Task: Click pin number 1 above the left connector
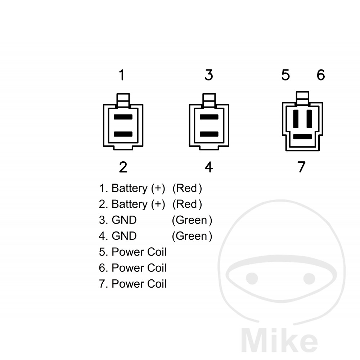tap(122, 75)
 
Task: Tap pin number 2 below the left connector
tap(123, 167)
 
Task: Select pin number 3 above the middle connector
tap(209, 75)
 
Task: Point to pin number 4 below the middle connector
tap(209, 167)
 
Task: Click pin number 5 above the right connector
tap(285, 75)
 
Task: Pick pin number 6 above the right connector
tap(321, 75)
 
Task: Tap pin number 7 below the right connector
tap(301, 167)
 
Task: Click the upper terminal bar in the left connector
tap(123, 117)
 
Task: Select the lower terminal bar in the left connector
tap(123, 134)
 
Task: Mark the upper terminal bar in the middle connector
tap(209, 117)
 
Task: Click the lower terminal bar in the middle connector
tap(209, 134)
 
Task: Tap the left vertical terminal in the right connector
tap(296, 119)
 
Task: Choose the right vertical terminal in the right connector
tap(309, 119)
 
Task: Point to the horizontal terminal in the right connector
tap(303, 137)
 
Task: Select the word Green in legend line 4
tap(192, 236)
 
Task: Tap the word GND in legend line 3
tap(124, 220)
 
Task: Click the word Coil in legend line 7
tap(157, 284)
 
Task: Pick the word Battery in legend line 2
tap(130, 204)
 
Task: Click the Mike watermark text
tap(279, 340)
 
